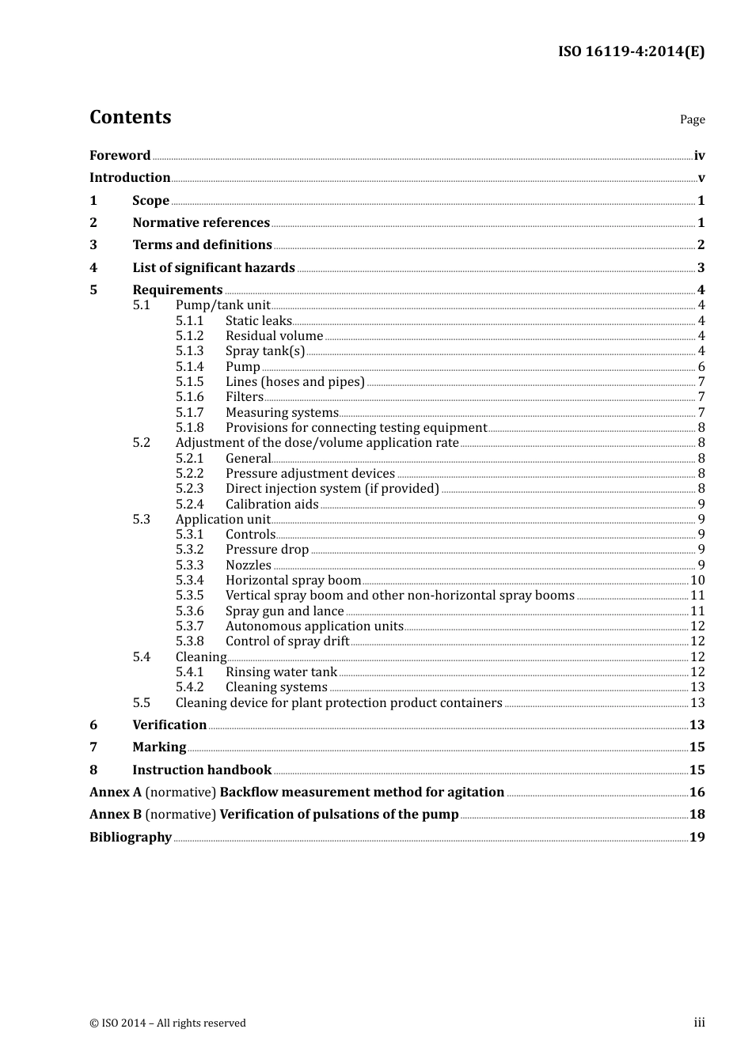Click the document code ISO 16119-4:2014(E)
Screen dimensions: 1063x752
[x=631, y=51]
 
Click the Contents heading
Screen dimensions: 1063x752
[x=130, y=117]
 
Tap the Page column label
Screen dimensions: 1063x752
[x=692, y=119]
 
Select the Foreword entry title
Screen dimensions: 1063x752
[x=120, y=156]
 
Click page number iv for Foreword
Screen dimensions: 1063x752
[x=699, y=156]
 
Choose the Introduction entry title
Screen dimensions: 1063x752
[x=130, y=178]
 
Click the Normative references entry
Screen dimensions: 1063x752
[x=201, y=223]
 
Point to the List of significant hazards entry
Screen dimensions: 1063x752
[x=214, y=268]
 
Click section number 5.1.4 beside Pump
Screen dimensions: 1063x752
[x=190, y=366]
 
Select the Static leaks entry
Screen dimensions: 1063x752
[x=259, y=320]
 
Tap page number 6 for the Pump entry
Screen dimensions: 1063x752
[x=701, y=366]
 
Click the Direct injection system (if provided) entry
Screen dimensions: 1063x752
[x=332, y=489]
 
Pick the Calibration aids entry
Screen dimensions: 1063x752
[x=272, y=504]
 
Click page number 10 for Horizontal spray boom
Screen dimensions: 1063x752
[x=697, y=581]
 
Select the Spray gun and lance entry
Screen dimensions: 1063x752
[x=284, y=611]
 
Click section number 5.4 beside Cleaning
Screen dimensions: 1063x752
[x=142, y=656]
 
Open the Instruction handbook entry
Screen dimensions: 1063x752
[x=202, y=770]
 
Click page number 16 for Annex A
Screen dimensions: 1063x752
[x=697, y=792]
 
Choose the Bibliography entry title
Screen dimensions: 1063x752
[x=131, y=837]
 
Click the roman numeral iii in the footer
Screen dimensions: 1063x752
[x=699, y=1023]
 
